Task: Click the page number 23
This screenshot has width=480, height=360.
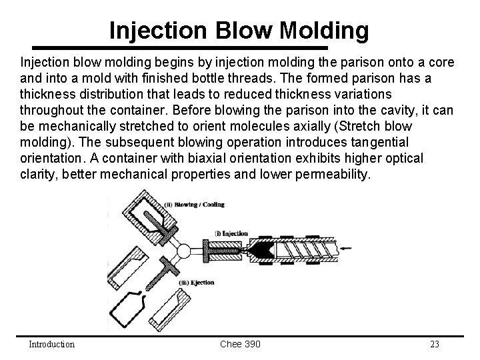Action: click(x=435, y=344)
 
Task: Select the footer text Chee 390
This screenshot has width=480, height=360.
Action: click(x=240, y=344)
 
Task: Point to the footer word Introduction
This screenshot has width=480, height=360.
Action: click(x=51, y=344)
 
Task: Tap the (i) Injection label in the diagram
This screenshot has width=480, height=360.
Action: click(x=231, y=233)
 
